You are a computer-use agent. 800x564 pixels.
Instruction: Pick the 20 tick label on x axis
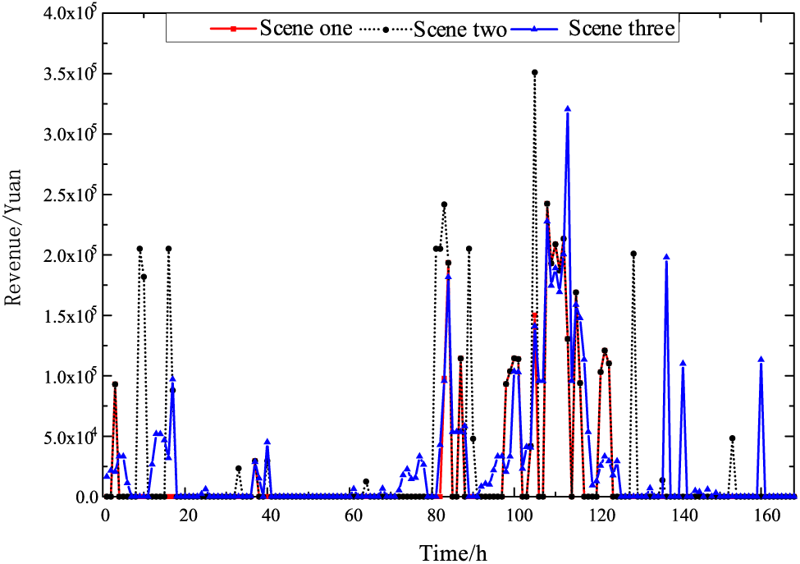pos(188,516)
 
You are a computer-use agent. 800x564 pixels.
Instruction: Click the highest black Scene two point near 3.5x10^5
pos(534,72)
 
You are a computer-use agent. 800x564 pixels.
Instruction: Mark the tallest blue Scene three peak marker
pos(567,108)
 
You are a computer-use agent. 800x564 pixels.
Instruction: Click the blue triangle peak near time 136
pos(666,257)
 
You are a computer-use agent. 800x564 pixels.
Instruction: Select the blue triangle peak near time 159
pos(761,360)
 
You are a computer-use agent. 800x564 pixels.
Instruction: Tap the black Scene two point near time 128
pos(633,254)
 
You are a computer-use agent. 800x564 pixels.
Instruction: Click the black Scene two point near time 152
pos(732,438)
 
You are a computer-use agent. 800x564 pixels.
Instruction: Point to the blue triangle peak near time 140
pos(683,363)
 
